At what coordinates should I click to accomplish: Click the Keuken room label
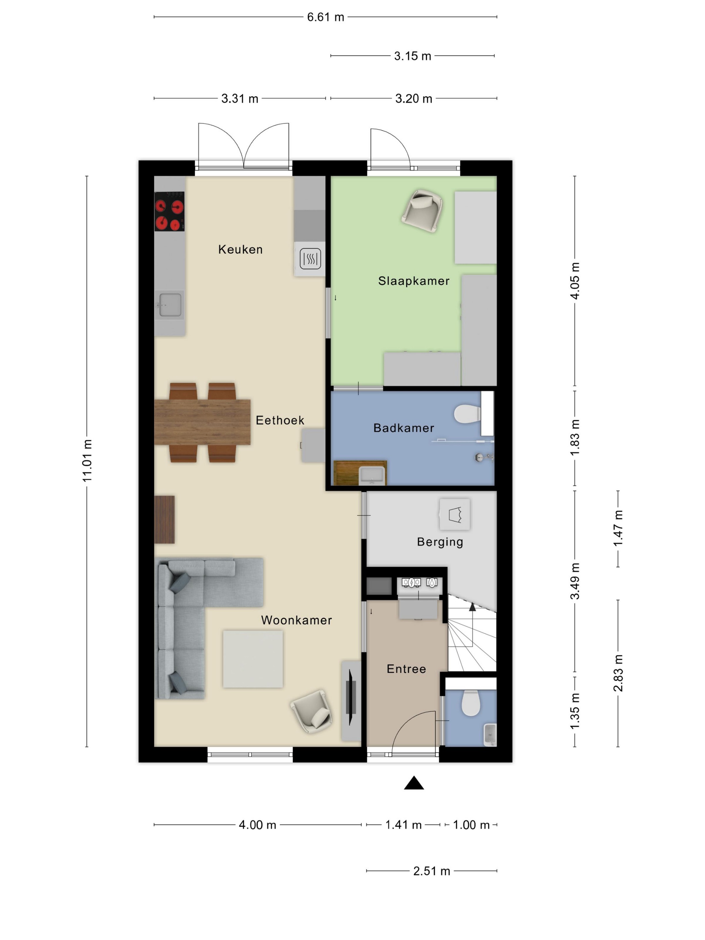pyautogui.click(x=240, y=249)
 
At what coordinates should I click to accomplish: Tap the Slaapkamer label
pyautogui.click(x=414, y=281)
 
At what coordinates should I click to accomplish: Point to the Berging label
pyautogui.click(x=440, y=542)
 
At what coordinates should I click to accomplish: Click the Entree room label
pyautogui.click(x=406, y=669)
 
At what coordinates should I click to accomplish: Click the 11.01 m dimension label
pyautogui.click(x=87, y=461)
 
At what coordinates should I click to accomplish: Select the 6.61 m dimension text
pyautogui.click(x=326, y=17)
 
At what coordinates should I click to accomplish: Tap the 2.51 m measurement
pyautogui.click(x=432, y=871)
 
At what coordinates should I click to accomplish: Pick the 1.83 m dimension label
pyautogui.click(x=574, y=438)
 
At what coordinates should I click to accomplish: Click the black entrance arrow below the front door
pyautogui.click(x=414, y=783)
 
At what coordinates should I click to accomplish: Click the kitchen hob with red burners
pyautogui.click(x=169, y=211)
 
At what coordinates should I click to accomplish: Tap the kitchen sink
pyautogui.click(x=170, y=305)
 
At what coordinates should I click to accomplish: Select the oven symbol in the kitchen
pyautogui.click(x=310, y=258)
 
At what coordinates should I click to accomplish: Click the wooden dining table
pyautogui.click(x=202, y=422)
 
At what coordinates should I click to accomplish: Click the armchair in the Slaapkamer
pyautogui.click(x=422, y=211)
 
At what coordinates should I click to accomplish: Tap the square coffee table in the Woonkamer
pyautogui.click(x=253, y=659)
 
